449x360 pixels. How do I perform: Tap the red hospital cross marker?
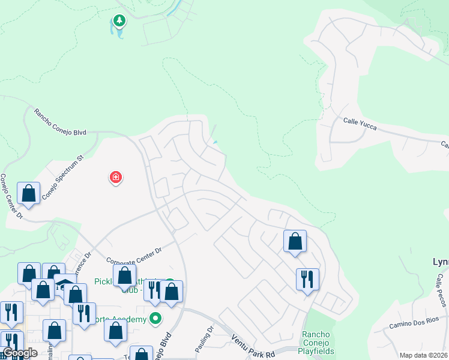(115, 178)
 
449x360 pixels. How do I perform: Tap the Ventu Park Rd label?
(252, 347)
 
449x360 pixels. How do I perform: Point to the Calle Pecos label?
(439, 287)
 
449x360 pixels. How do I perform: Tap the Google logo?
(19, 352)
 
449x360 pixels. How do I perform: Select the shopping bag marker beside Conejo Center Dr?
(28, 194)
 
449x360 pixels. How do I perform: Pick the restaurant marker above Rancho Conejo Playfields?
(307, 279)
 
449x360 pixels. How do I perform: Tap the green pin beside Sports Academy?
(155, 319)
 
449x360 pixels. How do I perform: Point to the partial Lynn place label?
(440, 262)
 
